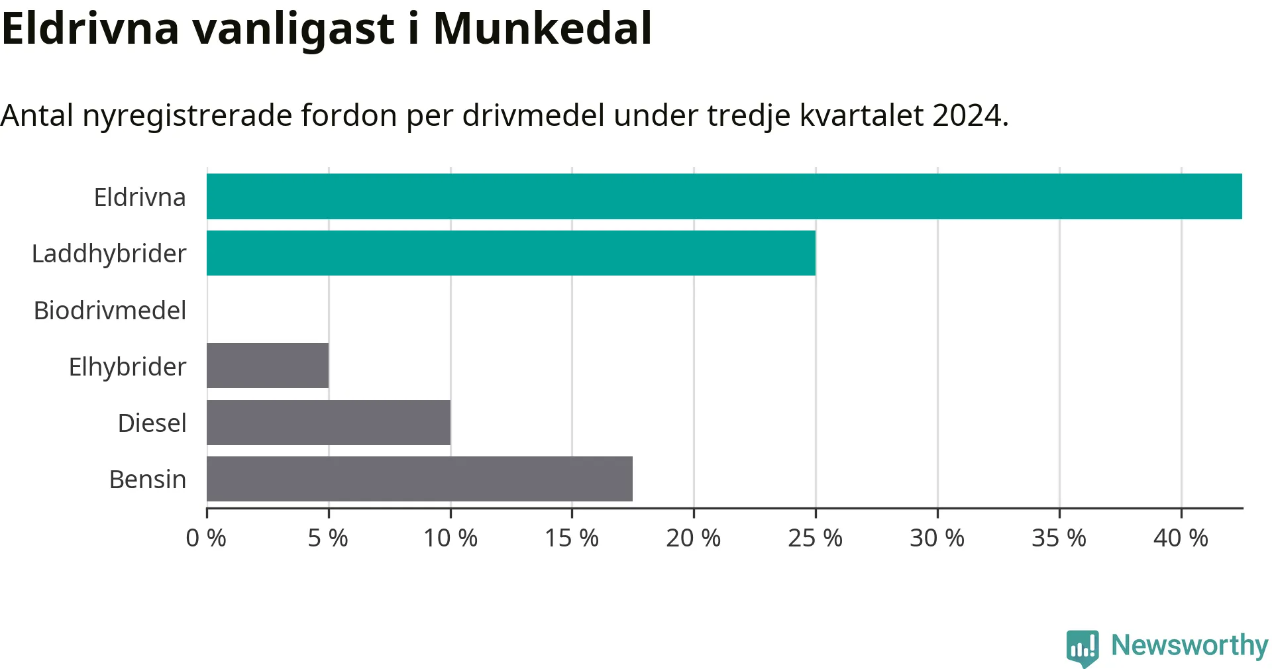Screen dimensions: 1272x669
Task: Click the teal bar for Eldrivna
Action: pos(724,197)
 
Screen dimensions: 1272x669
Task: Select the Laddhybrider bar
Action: pos(511,253)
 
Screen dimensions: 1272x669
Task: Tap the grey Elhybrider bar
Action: pos(268,366)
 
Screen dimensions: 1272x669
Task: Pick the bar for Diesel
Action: pos(329,423)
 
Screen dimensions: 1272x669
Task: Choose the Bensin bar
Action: pos(419,479)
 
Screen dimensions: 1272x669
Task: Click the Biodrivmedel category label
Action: pos(110,310)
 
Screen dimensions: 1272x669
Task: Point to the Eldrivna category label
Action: pos(140,197)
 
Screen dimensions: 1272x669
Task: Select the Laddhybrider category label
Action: pos(109,254)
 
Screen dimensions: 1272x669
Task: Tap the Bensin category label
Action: pos(148,479)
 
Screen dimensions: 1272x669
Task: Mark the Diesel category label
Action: pos(152,423)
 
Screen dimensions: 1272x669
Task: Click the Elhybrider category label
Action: pos(128,367)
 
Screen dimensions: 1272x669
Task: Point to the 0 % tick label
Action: pos(206,538)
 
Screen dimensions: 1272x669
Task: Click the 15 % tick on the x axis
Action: pos(572,538)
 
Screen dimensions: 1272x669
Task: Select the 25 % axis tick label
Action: pos(816,538)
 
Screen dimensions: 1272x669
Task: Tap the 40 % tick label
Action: pos(1181,538)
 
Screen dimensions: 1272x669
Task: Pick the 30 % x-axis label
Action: pos(937,538)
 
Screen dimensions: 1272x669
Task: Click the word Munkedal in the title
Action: pos(543,28)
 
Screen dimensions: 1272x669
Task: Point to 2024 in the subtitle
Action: pos(970,115)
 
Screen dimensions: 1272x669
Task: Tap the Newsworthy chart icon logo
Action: pos(1083,648)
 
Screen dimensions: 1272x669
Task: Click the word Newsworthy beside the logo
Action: pos(1190,645)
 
